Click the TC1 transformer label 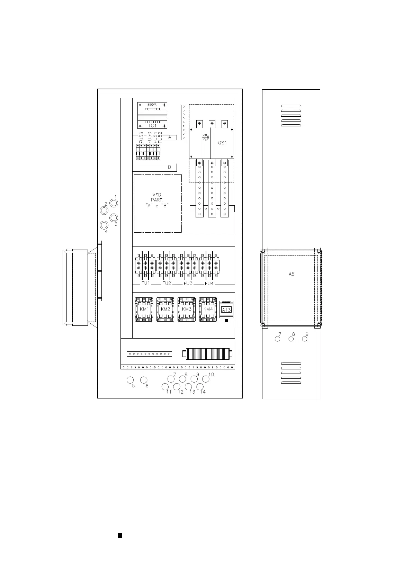152,126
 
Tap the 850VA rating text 152,104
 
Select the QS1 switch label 222,143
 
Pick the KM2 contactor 165,309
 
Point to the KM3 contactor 187,309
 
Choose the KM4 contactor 208,309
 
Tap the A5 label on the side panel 292,274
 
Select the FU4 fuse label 209,284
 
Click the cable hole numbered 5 131,380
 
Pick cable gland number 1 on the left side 113,203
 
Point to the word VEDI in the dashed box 158,195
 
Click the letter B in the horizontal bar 170,168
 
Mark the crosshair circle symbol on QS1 206,137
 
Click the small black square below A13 226,321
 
